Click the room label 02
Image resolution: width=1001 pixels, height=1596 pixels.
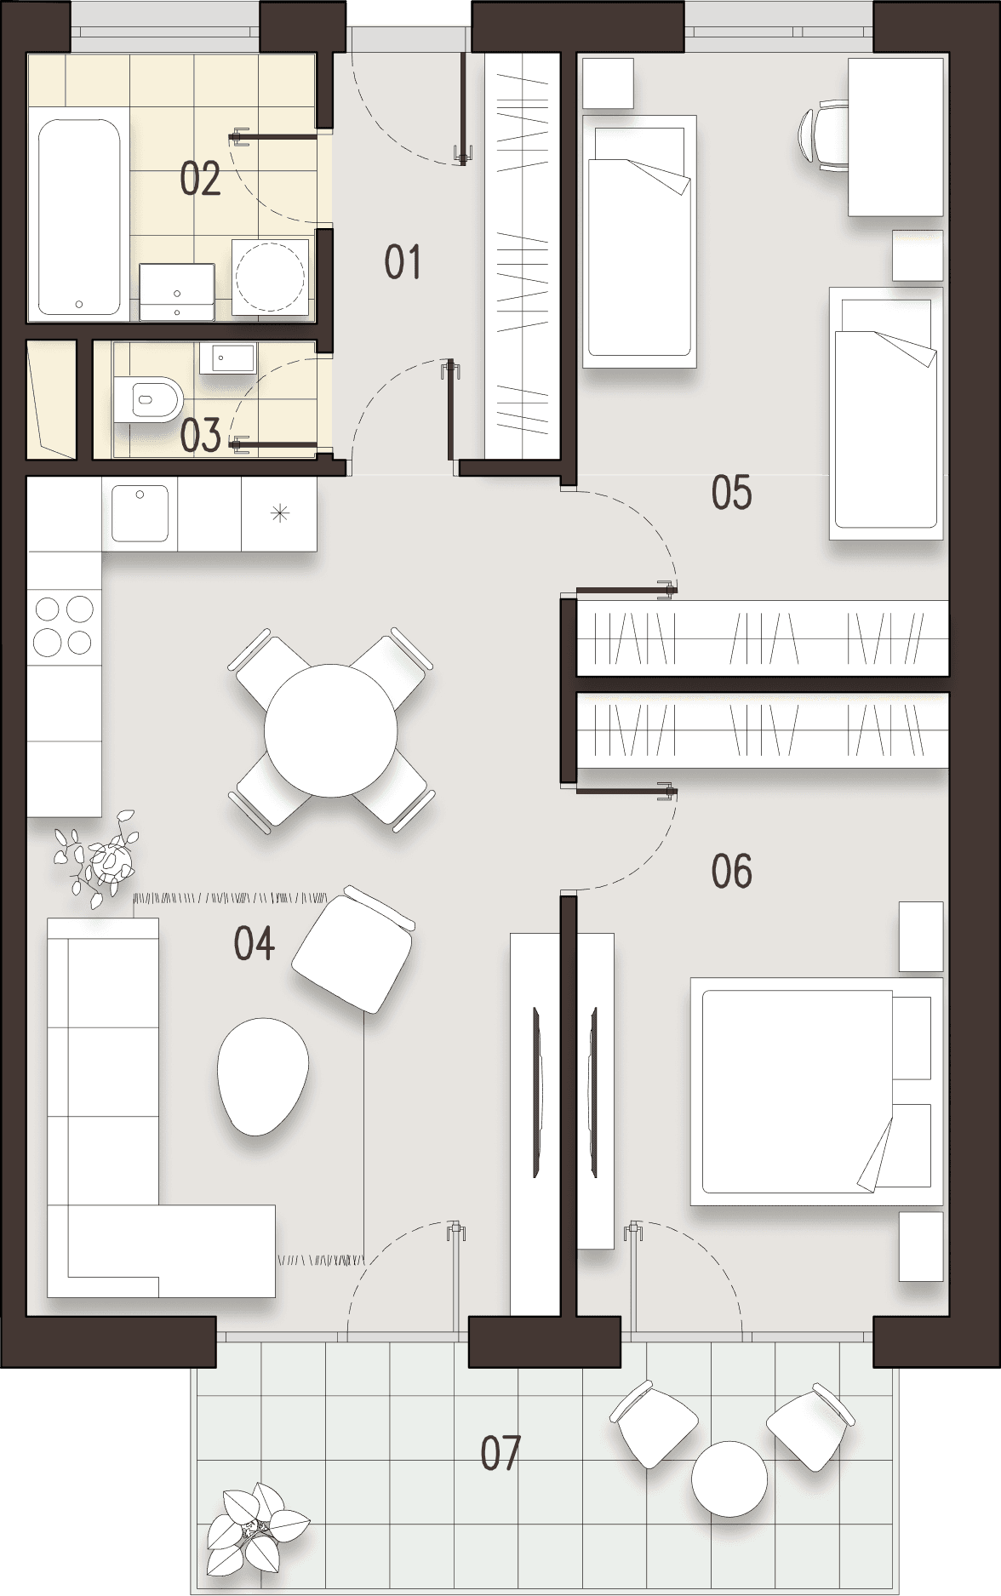200,179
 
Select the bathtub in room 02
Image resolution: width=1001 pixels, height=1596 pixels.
78,217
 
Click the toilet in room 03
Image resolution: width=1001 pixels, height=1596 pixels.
149,398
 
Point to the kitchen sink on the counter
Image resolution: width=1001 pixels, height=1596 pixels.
140,513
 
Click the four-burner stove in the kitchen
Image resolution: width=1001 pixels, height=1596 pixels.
64,625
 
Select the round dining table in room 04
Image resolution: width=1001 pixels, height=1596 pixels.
330,730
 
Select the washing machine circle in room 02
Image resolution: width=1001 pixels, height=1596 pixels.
270,277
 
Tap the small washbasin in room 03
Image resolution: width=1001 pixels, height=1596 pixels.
227,358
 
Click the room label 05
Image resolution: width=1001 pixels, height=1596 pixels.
732,493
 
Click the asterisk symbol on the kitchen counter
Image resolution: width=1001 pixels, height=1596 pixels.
279,513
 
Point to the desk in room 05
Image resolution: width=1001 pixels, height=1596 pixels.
895,136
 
